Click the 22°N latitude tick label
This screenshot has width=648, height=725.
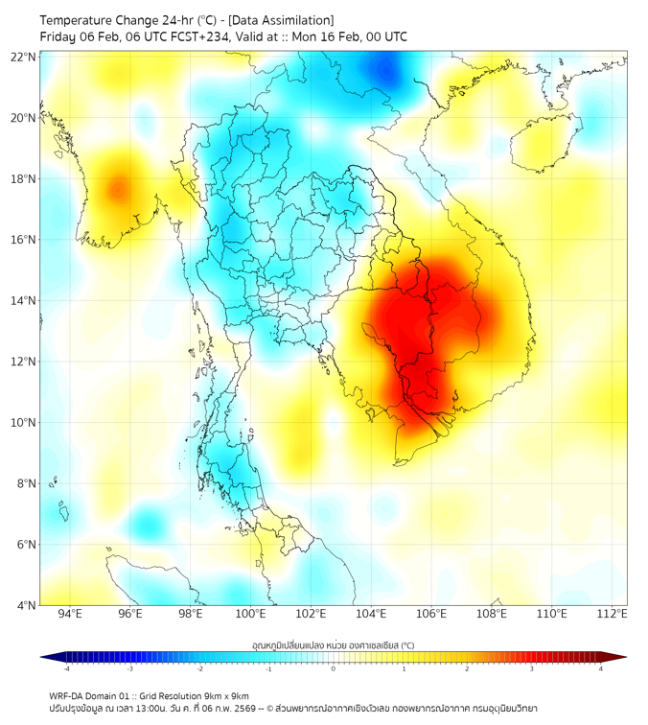point(24,57)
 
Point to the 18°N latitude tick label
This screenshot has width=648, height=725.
point(24,178)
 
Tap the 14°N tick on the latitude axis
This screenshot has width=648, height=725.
point(24,300)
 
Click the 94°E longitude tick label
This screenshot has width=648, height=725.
point(70,614)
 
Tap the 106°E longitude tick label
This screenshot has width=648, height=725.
point(431,614)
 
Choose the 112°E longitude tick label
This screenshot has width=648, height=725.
point(612,614)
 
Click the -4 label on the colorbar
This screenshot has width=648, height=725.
point(66,668)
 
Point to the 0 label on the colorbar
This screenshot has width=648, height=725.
point(334,668)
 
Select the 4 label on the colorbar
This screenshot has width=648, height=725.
point(601,668)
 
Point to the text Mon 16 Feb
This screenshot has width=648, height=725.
point(323,36)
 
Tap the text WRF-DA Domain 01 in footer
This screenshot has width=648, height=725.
point(90,695)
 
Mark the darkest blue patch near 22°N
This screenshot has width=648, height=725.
point(386,69)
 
